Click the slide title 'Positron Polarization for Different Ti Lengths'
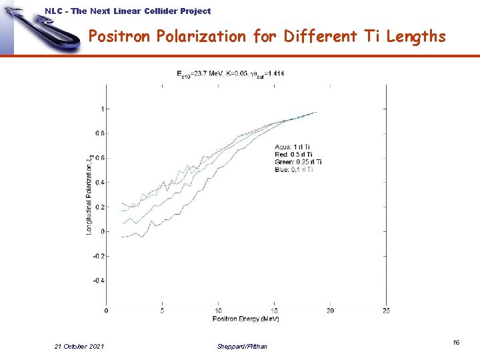tap(267, 37)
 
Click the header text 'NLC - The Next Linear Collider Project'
tap(127, 11)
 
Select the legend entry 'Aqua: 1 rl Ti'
tap(292, 147)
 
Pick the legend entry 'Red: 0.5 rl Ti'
tap(294, 154)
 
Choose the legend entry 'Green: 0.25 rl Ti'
tap(298, 162)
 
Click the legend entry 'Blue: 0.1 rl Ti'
tap(293, 169)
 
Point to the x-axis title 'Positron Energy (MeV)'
tap(246, 319)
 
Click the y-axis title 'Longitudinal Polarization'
tap(89, 193)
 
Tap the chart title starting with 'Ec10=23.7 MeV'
tap(231, 73)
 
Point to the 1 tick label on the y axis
tap(101, 109)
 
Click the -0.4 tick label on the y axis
tap(97, 281)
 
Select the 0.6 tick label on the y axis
tap(99, 158)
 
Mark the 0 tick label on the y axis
tap(101, 231)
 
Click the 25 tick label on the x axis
tap(386, 310)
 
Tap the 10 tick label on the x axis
tap(219, 310)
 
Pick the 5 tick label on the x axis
tap(163, 310)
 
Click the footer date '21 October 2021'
tap(79, 346)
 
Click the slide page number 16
tap(456, 342)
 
